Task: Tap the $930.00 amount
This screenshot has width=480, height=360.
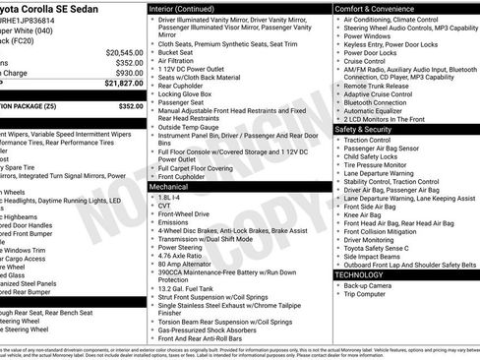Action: pos(128,73)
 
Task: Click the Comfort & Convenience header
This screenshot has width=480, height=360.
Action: pos(376,8)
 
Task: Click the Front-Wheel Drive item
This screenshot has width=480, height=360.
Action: pos(183,213)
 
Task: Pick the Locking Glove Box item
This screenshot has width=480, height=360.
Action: pos(189,91)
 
